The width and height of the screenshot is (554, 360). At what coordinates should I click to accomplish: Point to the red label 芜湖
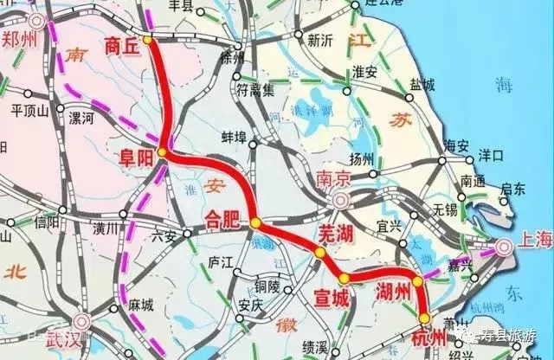point(312,233)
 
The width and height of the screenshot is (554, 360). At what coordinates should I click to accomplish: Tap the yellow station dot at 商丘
point(147,40)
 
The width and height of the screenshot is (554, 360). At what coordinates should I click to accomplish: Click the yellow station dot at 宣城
point(344,279)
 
